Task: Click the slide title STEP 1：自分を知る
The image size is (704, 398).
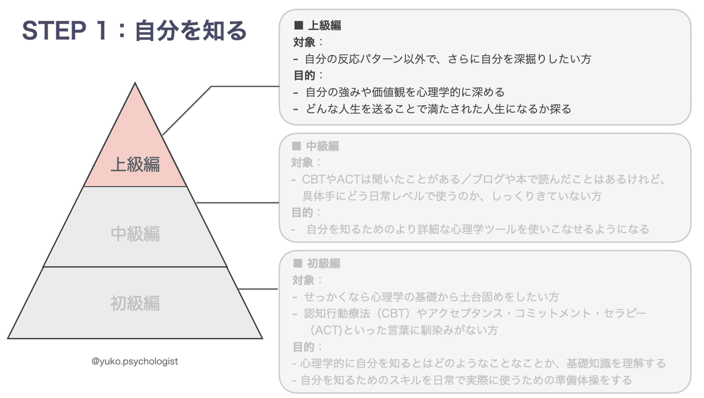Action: click(134, 31)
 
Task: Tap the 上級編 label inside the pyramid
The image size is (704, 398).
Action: click(136, 164)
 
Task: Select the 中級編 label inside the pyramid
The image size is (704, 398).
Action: click(136, 234)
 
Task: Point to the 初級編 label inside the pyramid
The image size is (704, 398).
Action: click(136, 303)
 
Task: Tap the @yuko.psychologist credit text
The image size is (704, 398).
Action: click(135, 362)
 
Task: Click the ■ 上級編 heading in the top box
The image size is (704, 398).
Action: click(317, 26)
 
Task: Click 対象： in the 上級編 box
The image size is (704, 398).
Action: click(308, 42)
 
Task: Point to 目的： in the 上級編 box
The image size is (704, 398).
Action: click(308, 76)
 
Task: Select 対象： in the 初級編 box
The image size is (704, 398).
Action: click(308, 280)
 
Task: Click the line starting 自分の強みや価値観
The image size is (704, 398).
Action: click(405, 92)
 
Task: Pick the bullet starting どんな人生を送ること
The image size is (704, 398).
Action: click(438, 109)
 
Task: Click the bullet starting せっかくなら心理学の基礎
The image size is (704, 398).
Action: click(432, 297)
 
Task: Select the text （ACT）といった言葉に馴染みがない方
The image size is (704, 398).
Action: click(405, 330)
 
